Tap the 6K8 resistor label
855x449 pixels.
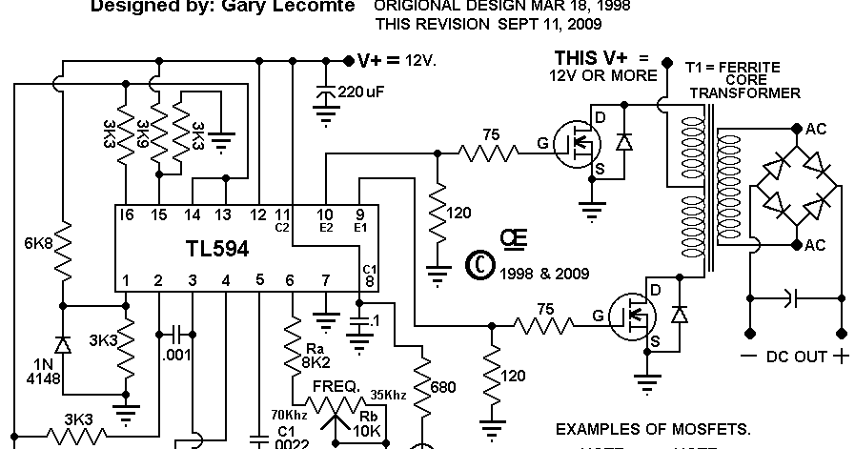point(38,243)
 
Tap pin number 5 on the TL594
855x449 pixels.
point(259,281)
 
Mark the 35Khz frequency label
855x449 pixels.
point(390,394)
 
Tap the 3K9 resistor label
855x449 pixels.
point(144,137)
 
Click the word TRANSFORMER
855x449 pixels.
point(744,92)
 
